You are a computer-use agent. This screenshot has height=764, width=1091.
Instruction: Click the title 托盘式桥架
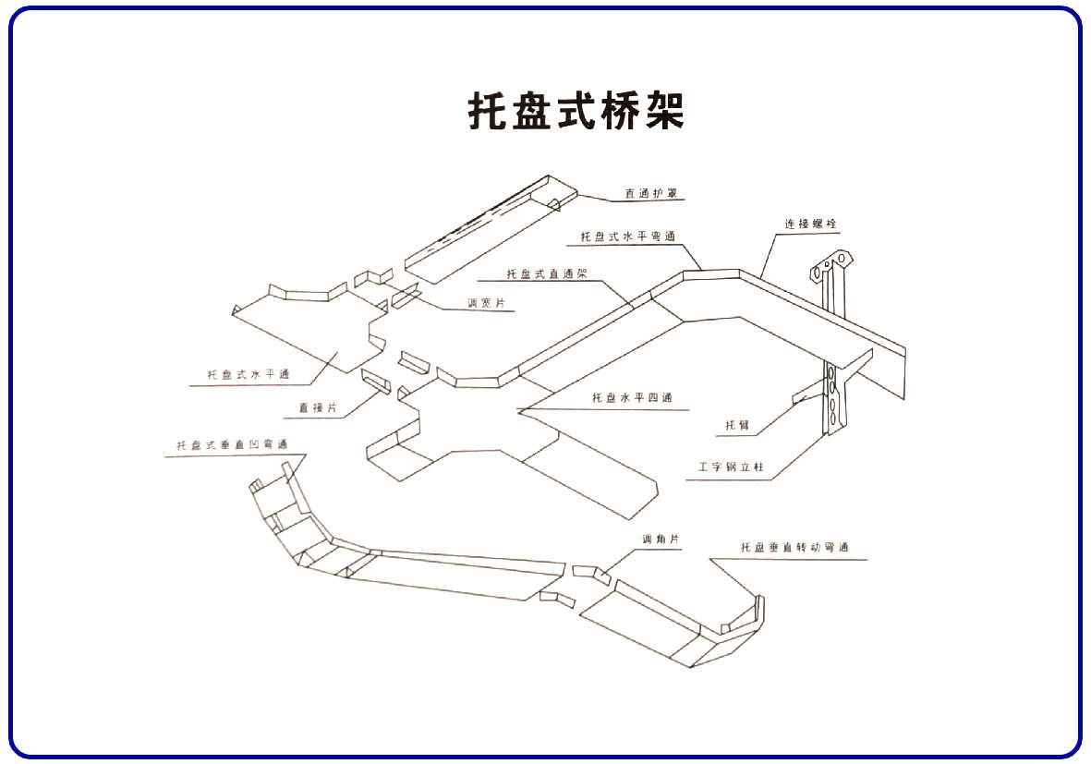576,111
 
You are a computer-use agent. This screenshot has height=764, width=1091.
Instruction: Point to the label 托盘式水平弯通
627,237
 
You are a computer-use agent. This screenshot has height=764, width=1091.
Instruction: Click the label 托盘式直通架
547,274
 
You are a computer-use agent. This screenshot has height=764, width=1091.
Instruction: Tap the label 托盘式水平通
248,374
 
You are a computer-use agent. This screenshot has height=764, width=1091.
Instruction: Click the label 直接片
317,406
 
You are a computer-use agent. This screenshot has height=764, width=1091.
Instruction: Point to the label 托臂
736,426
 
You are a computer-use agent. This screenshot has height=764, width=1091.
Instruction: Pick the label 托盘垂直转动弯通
794,548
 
